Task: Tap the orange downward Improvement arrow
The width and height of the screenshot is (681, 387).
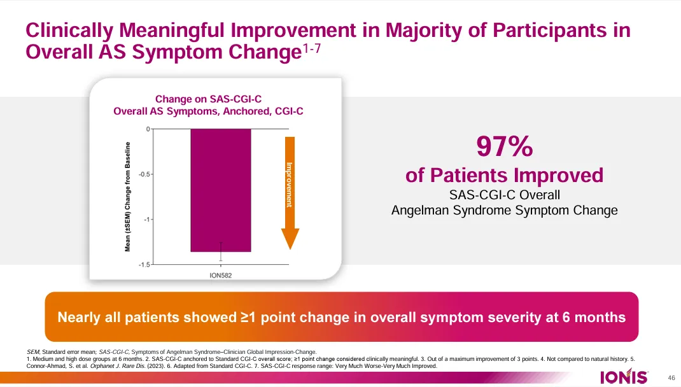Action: (290, 191)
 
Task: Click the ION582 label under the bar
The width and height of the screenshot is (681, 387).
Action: (220, 276)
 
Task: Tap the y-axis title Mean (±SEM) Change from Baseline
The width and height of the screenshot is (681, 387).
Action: (128, 196)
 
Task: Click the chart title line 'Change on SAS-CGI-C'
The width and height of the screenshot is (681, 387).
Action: (208, 99)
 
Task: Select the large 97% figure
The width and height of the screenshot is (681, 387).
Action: (505, 148)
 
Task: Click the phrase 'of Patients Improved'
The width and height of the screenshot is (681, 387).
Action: (504, 175)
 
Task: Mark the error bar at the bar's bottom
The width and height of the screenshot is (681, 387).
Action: (221, 251)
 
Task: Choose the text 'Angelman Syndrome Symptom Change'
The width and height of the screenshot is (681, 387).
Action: (504, 211)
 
